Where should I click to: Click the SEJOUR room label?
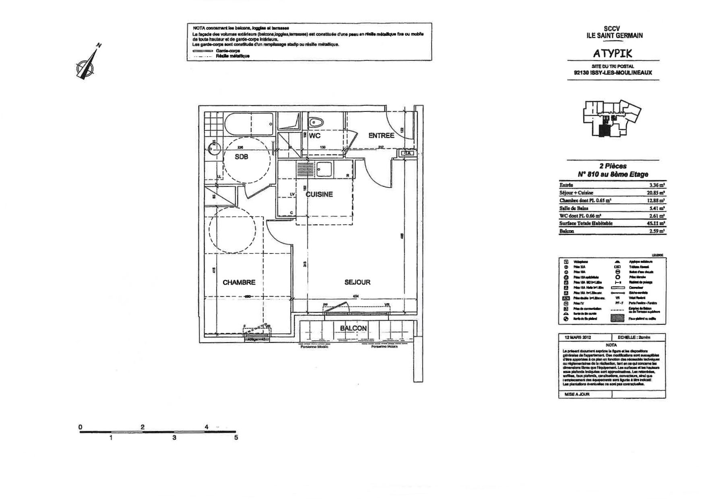coord(357,282)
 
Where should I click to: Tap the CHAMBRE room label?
coord(239,282)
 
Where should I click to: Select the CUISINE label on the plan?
coord(320,194)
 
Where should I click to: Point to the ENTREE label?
coord(381,136)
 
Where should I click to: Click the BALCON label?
coord(353,328)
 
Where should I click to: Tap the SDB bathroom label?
coord(242,157)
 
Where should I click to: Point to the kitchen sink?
coord(324,169)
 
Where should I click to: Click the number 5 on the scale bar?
coord(236,437)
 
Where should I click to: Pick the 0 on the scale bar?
coord(81,427)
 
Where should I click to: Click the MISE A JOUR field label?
coord(577,394)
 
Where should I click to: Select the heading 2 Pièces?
coord(613,166)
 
